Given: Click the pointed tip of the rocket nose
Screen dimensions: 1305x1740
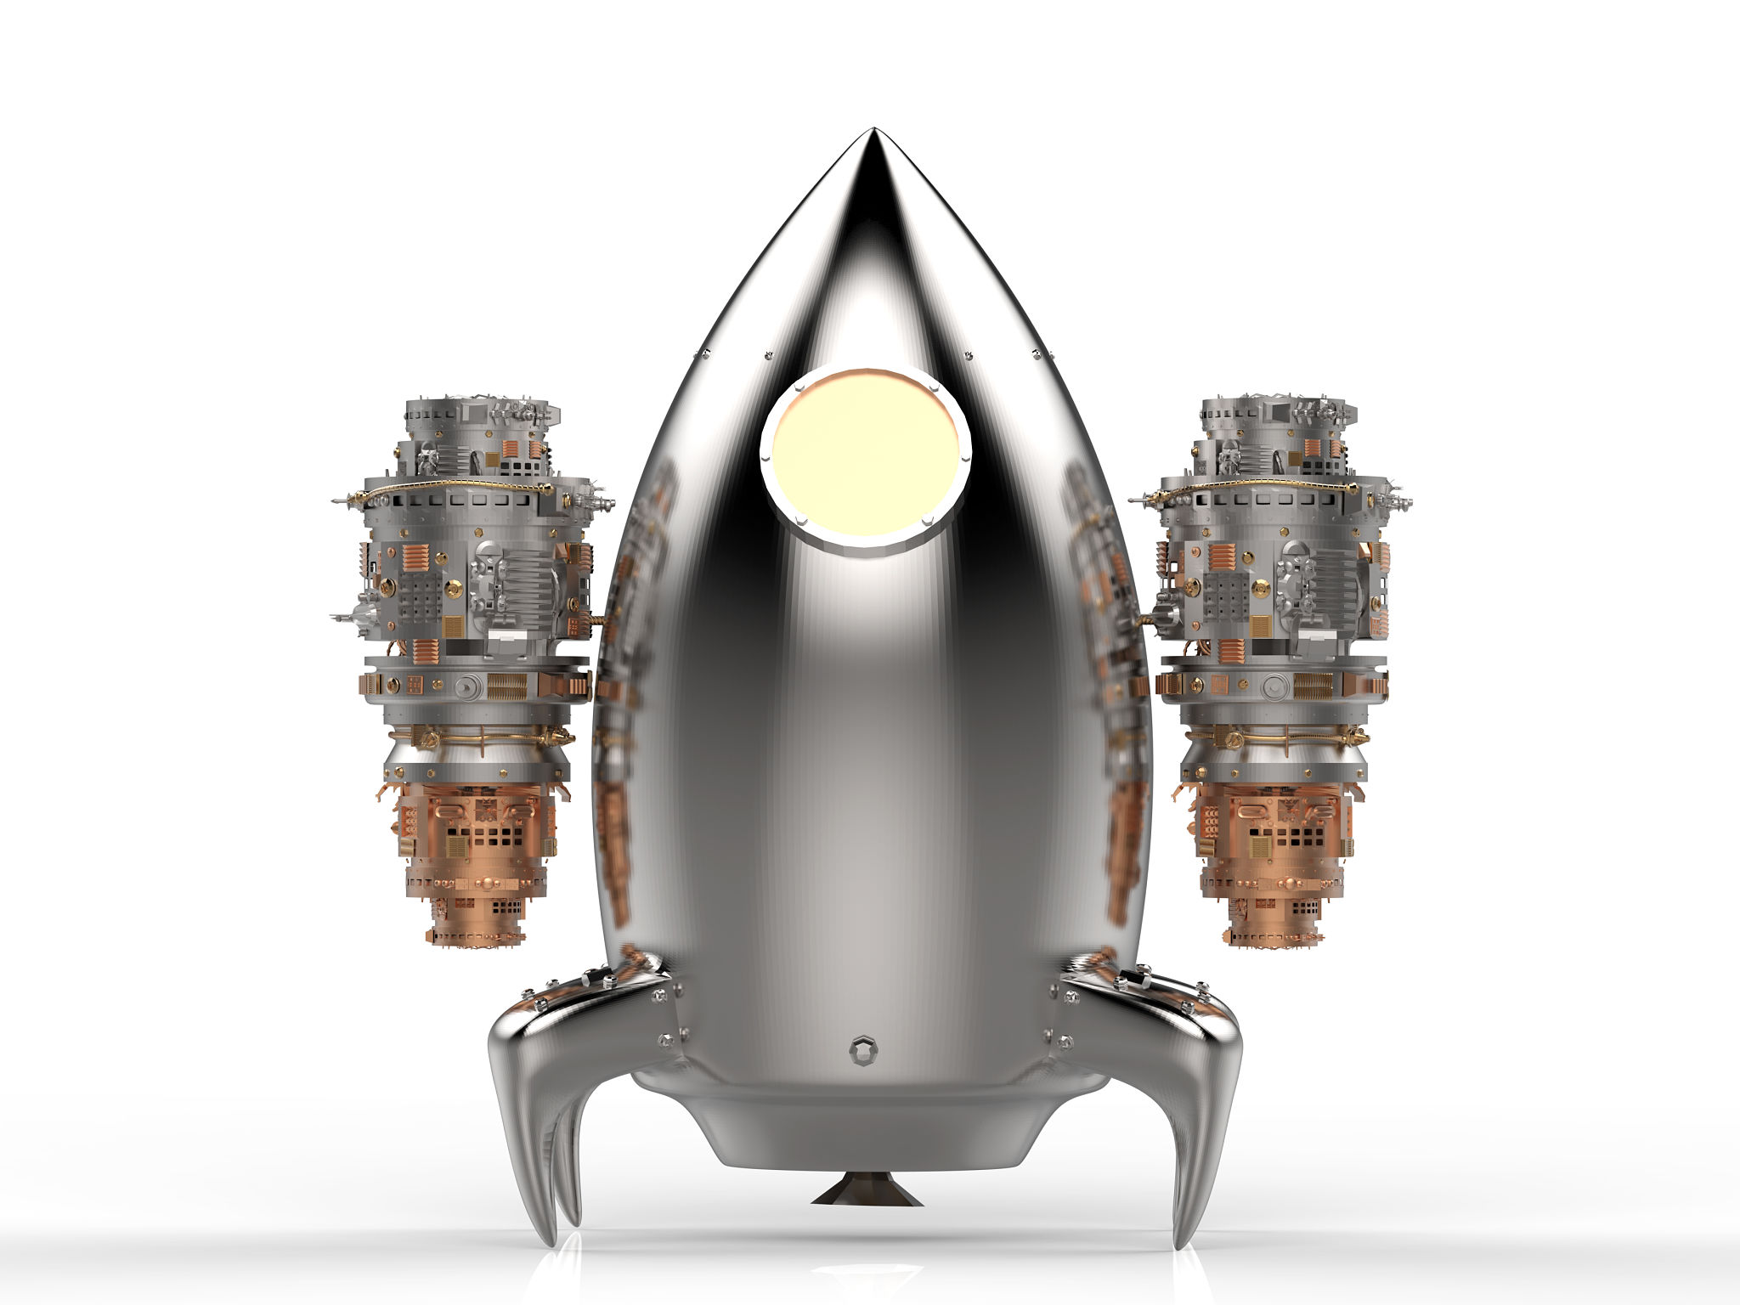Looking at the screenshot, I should [873, 131].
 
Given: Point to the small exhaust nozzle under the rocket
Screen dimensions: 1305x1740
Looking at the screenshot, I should [867, 1189].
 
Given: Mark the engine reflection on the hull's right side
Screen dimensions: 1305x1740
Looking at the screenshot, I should [1104, 680].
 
